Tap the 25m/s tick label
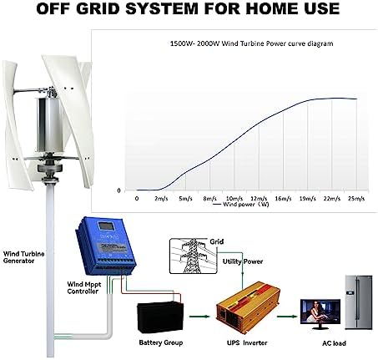(x=357, y=199)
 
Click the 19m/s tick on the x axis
(x=308, y=199)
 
